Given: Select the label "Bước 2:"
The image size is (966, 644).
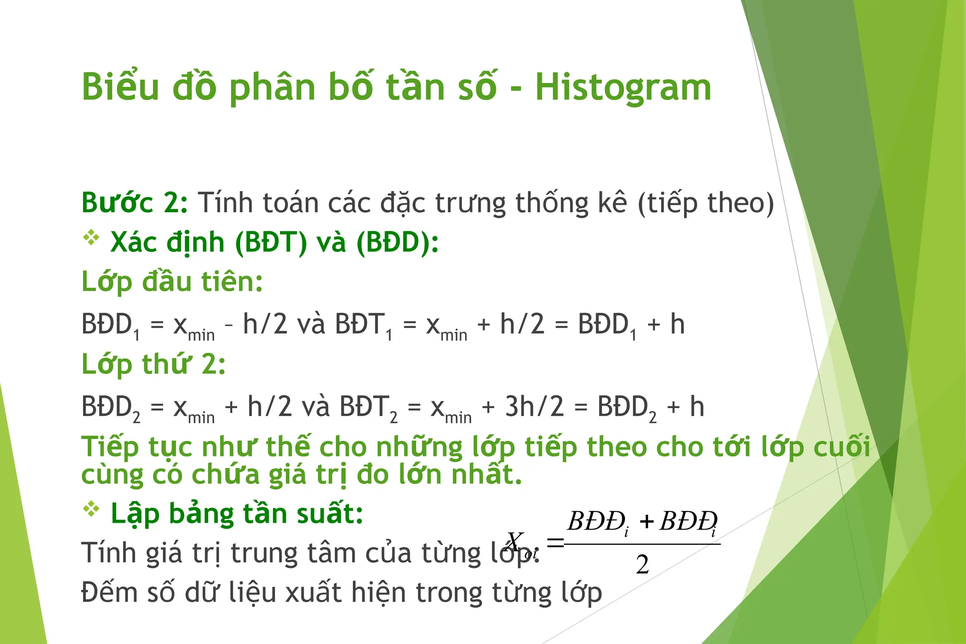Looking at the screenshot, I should click(134, 203).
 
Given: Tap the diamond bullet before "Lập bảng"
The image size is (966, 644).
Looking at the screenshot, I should click(91, 509).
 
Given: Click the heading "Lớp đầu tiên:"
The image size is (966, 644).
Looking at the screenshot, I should click(172, 282).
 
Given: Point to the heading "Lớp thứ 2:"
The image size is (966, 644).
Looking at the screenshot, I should click(154, 365).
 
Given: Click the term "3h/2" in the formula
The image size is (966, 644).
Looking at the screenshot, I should click(534, 407).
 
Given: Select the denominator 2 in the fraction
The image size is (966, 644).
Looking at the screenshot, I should click(642, 565).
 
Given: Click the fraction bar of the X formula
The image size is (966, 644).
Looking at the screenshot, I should click(642, 544).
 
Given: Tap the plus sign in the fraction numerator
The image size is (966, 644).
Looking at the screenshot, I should click(646, 522).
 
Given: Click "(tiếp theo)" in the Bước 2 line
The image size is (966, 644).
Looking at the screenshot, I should click(706, 203).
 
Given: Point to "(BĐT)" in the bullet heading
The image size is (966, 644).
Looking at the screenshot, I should click(271, 243).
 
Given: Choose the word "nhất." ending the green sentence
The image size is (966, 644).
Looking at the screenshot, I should click(486, 475).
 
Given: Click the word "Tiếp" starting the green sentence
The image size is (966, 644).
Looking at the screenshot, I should click(110, 447).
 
